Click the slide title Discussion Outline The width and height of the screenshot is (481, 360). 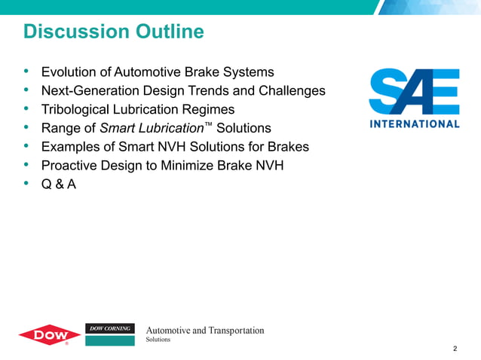114,32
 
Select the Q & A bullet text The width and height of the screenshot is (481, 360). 58,183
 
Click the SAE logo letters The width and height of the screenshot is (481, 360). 414,92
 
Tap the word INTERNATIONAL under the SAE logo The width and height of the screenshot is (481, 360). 414,124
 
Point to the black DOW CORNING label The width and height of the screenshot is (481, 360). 110,328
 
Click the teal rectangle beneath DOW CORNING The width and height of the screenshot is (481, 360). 110,340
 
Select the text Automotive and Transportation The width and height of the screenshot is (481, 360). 204,331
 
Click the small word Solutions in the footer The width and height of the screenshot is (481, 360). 158,340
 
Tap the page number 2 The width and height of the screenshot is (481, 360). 455,349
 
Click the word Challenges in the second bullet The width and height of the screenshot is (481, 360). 294,91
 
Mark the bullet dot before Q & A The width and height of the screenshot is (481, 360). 27,183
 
